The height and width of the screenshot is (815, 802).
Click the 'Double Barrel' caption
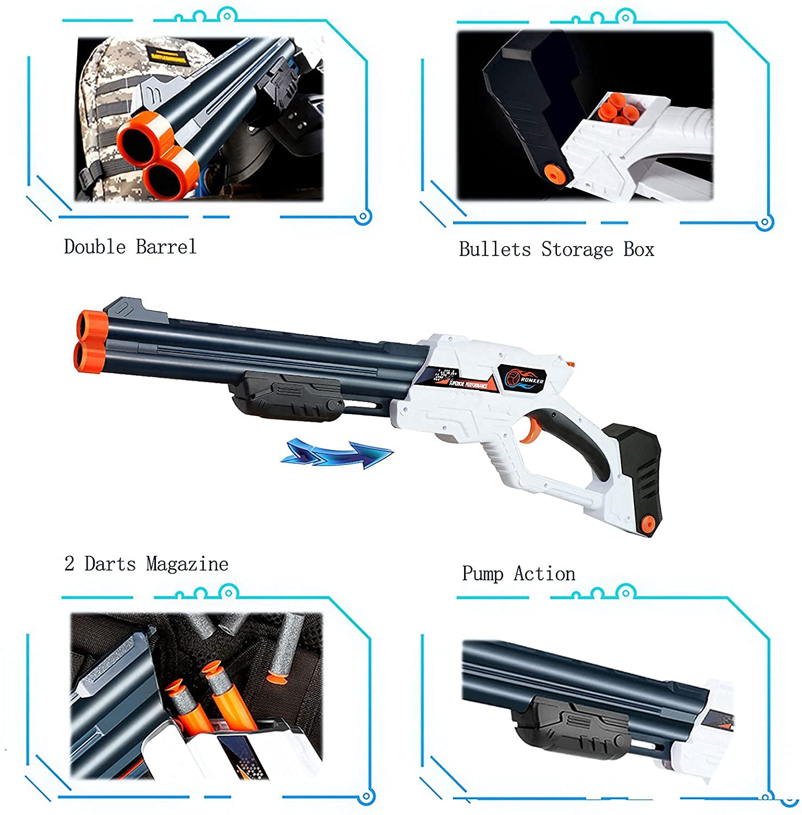pos(130,247)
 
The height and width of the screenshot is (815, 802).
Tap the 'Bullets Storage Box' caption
pos(556,249)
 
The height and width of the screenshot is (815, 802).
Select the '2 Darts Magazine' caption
pos(146,563)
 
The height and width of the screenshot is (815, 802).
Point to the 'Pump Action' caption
pos(518,574)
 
